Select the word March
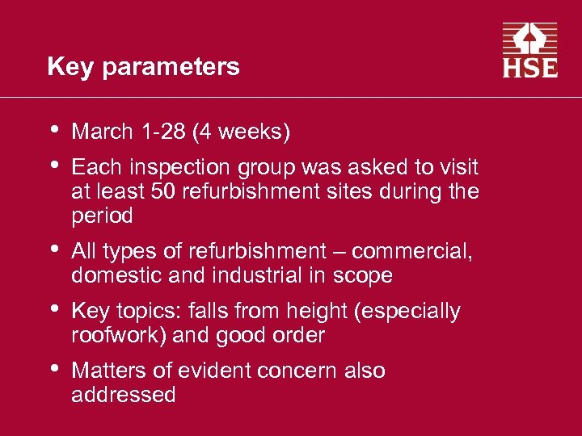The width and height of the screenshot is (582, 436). (103, 131)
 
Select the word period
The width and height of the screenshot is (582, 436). (102, 217)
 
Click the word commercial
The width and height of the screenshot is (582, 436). (411, 251)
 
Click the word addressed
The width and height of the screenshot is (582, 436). (123, 395)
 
